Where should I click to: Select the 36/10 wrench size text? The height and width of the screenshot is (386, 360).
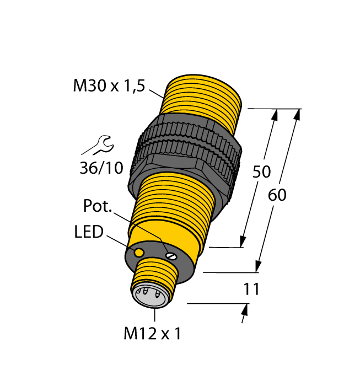(x=101, y=168)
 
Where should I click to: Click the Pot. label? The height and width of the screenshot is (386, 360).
(x=98, y=206)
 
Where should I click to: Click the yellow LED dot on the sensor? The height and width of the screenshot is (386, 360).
(x=139, y=252)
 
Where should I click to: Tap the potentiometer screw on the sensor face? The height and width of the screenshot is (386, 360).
(x=170, y=255)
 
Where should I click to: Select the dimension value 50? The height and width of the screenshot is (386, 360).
(x=261, y=171)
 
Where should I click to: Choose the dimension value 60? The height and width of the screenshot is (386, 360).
(x=277, y=195)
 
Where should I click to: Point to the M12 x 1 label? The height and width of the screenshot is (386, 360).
(x=152, y=334)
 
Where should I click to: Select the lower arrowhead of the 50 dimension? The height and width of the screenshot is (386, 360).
(x=242, y=242)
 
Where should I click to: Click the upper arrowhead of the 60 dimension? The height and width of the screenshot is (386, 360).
(x=298, y=115)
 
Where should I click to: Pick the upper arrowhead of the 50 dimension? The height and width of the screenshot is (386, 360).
(x=276, y=115)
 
